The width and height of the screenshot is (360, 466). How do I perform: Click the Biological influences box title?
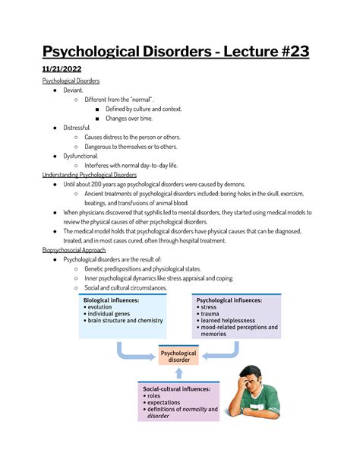pyautogui.click(x=111, y=300)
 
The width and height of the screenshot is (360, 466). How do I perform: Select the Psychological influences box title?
pyautogui.click(x=229, y=300)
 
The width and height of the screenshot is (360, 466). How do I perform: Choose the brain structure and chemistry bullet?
pyautogui.click(x=125, y=321)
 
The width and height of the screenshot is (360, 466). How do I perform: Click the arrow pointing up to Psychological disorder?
pyautogui.click(x=178, y=372)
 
